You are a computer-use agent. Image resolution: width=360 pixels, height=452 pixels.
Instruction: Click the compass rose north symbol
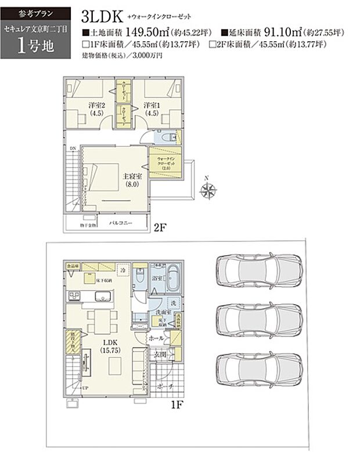(207, 190)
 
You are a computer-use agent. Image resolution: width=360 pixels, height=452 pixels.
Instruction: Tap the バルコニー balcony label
(121, 223)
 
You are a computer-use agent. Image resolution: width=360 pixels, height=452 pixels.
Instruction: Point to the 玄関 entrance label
(160, 355)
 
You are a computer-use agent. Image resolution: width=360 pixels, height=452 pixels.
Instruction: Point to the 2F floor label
(160, 228)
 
